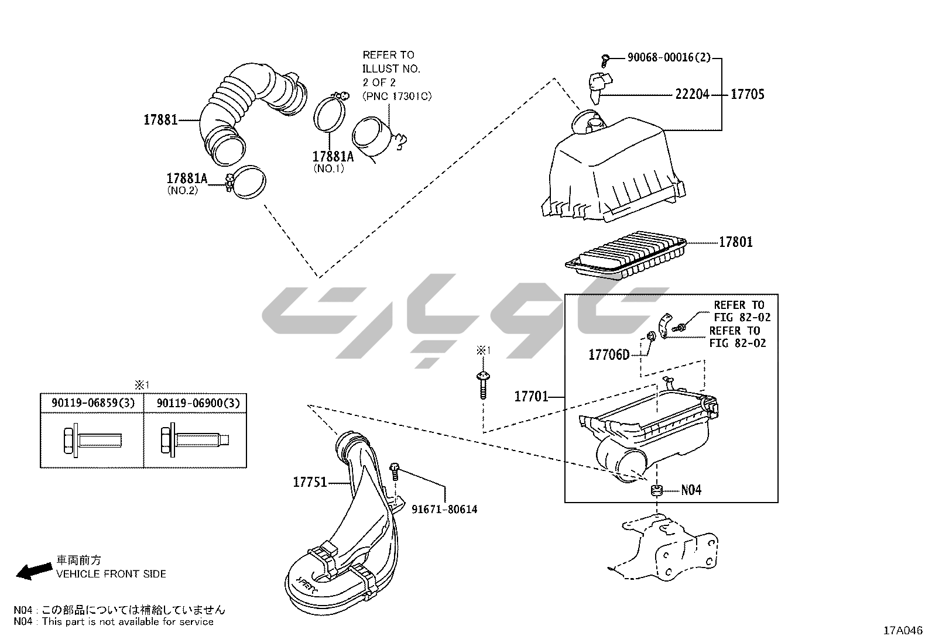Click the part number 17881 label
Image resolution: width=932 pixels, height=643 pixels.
[160, 120]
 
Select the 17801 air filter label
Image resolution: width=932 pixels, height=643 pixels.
[736, 242]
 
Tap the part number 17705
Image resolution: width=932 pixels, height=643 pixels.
[747, 94]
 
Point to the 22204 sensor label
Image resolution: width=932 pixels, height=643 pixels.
[692, 94]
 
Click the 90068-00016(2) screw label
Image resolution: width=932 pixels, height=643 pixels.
[669, 57]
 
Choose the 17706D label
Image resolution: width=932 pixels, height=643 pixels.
[609, 355]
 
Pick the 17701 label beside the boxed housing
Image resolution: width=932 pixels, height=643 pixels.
[532, 396]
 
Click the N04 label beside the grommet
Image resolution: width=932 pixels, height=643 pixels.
[691, 490]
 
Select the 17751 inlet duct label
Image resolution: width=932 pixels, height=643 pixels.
[310, 482]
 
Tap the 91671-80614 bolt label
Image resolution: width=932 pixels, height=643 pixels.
[444, 510]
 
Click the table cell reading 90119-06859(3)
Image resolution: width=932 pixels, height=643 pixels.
[93, 403]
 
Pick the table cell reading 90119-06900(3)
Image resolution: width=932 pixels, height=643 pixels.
[198, 403]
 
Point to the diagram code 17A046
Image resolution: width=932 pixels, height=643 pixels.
[903, 631]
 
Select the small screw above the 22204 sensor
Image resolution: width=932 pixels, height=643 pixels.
[605, 61]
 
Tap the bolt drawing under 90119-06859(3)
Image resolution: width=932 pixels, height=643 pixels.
[92, 440]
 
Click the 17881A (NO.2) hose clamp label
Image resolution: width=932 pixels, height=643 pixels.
[187, 183]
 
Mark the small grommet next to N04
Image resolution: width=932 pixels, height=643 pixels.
[657, 490]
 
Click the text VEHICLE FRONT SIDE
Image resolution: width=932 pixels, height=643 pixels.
[111, 575]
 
